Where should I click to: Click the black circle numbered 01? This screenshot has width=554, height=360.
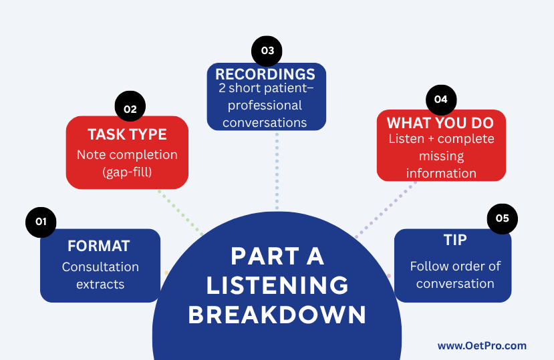click(41, 222)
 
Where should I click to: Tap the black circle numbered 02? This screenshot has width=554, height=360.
click(130, 106)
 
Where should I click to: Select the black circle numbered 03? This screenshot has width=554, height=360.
click(267, 51)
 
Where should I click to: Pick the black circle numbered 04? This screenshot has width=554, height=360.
click(441, 100)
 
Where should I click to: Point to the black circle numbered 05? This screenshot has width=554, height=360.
click(503, 219)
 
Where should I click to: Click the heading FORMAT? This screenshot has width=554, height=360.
click(99, 246)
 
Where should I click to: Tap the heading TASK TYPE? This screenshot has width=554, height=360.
click(127, 135)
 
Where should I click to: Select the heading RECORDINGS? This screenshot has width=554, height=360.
click(265, 75)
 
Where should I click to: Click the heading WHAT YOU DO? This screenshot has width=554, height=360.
click(440, 124)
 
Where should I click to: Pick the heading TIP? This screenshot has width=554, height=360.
click(455, 240)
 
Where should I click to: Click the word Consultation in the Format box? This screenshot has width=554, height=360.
click(100, 267)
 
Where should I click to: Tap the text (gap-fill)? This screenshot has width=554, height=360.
click(127, 172)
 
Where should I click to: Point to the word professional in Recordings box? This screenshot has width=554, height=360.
click(265, 106)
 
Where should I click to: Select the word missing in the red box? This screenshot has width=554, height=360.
click(441, 156)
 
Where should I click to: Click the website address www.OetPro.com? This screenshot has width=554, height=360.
click(482, 346)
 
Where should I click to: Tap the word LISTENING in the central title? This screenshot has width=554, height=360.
click(277, 285)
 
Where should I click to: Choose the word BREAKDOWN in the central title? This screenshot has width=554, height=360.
click(277, 315)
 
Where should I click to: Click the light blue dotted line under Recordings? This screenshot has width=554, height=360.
click(277, 172)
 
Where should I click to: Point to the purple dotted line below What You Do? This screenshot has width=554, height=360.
click(386, 210)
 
